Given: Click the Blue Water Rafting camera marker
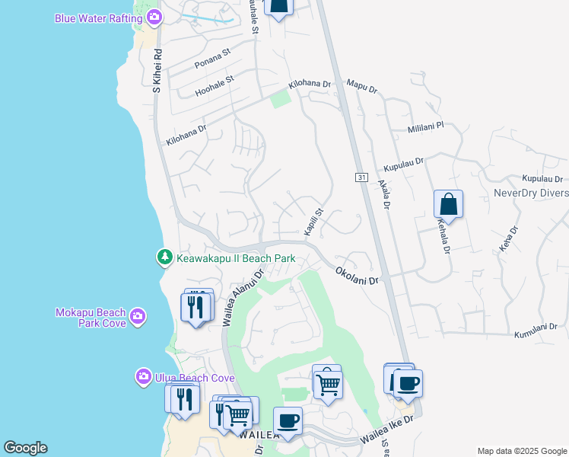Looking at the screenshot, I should pyautogui.click(x=155, y=16).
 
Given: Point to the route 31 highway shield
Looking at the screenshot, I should pyautogui.click(x=361, y=177).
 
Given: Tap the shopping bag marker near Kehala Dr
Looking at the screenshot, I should pyautogui.click(x=448, y=205).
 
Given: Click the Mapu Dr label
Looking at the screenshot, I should pyautogui.click(x=361, y=88).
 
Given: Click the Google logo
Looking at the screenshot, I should pyautogui.click(x=25, y=448).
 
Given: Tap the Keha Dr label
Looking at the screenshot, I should pyautogui.click(x=509, y=240).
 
